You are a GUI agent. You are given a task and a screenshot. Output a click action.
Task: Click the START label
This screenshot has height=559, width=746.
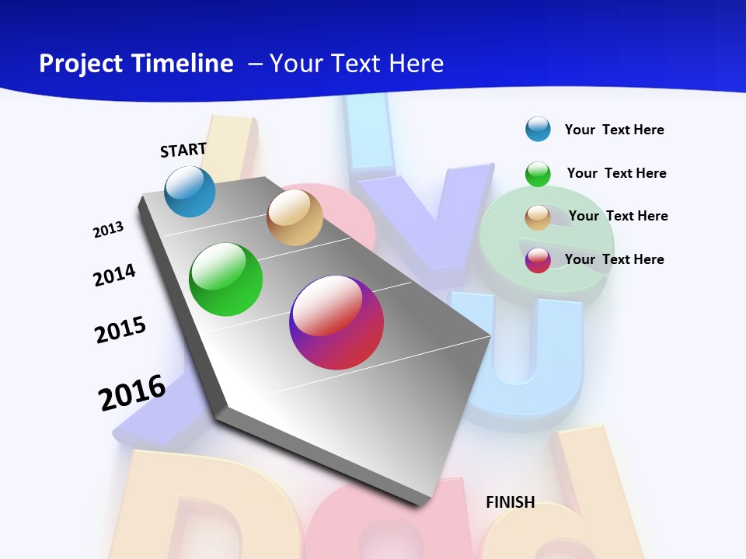click(x=183, y=150)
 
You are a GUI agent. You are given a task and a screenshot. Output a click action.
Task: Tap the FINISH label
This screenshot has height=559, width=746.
click(x=511, y=502)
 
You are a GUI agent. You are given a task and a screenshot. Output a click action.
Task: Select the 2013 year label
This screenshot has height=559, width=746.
click(x=108, y=230)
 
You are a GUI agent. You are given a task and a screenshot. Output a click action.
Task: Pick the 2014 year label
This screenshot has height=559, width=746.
click(x=114, y=275)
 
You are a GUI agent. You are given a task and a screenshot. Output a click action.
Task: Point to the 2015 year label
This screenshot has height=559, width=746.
click(x=120, y=330)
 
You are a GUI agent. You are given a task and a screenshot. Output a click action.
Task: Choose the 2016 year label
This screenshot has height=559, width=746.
click(x=132, y=393)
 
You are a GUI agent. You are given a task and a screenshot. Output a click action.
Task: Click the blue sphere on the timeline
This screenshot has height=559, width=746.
click(x=190, y=192)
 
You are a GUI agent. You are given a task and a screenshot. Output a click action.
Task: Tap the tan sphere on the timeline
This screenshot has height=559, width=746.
click(x=295, y=217)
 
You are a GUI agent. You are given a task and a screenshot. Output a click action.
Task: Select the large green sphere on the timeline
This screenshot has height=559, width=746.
click(x=226, y=279)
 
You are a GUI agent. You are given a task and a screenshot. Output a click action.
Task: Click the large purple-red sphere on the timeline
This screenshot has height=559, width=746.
click(x=336, y=322)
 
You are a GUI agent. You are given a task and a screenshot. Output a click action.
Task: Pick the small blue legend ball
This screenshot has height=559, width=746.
click(x=538, y=129)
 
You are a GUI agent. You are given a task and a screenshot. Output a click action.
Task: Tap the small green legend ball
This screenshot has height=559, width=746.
click(x=538, y=174)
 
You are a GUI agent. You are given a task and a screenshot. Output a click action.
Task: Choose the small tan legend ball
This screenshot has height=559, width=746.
click(x=538, y=217)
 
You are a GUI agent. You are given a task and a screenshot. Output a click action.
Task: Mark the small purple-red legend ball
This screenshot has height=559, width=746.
click(x=538, y=260)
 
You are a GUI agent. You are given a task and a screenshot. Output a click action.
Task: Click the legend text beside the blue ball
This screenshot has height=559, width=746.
click(x=614, y=130)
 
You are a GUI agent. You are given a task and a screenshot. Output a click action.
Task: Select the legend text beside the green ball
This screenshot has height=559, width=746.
click(x=616, y=173)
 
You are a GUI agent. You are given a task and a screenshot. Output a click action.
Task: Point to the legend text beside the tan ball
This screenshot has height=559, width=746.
click(x=618, y=216)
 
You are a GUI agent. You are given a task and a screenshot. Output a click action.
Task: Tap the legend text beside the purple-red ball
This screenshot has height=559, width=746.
click(x=614, y=259)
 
